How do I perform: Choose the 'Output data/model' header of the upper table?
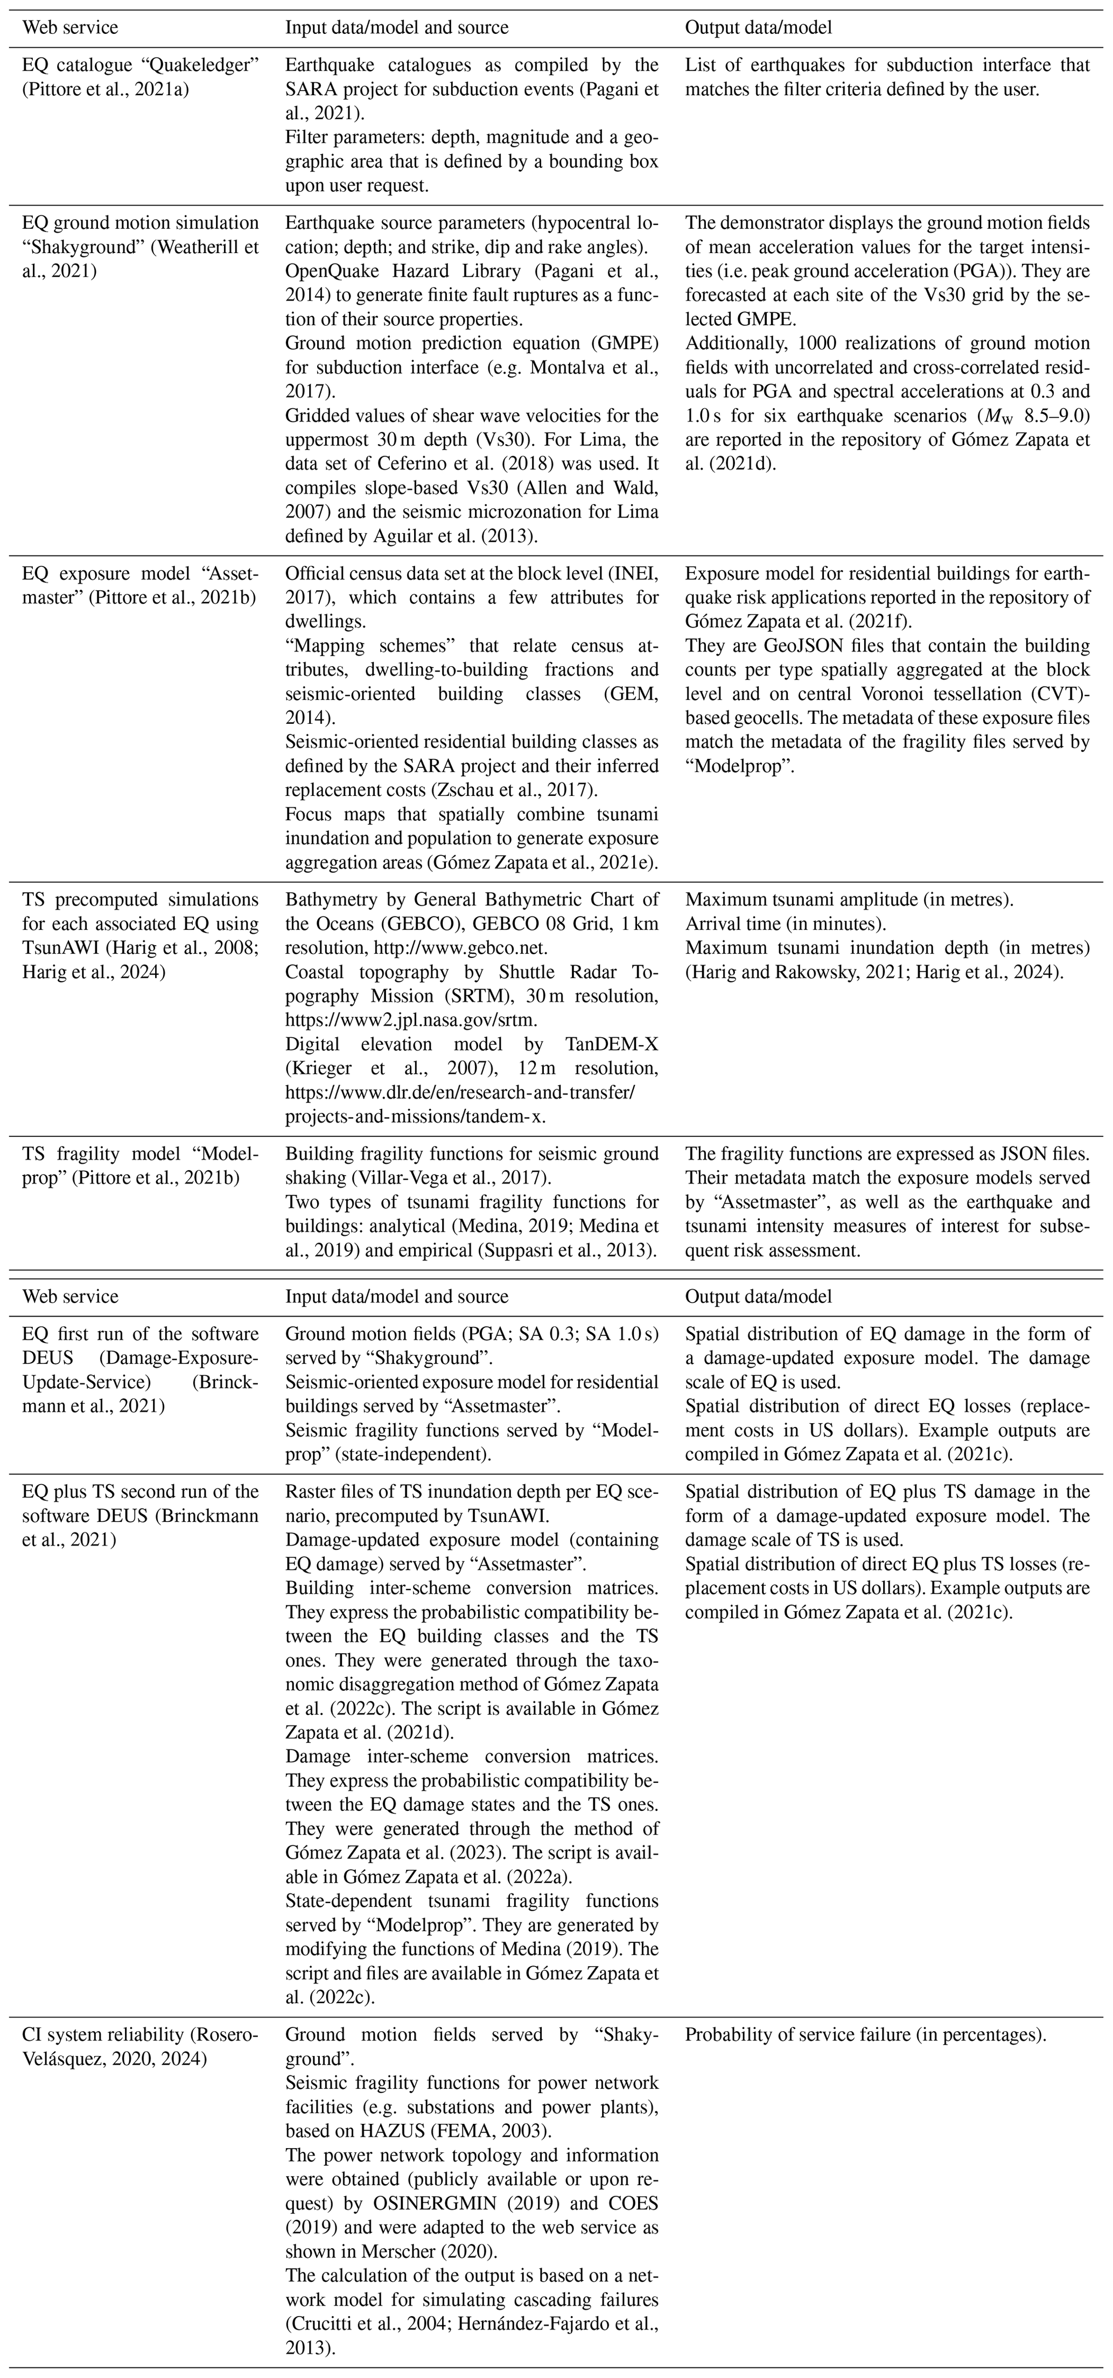click(x=758, y=27)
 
